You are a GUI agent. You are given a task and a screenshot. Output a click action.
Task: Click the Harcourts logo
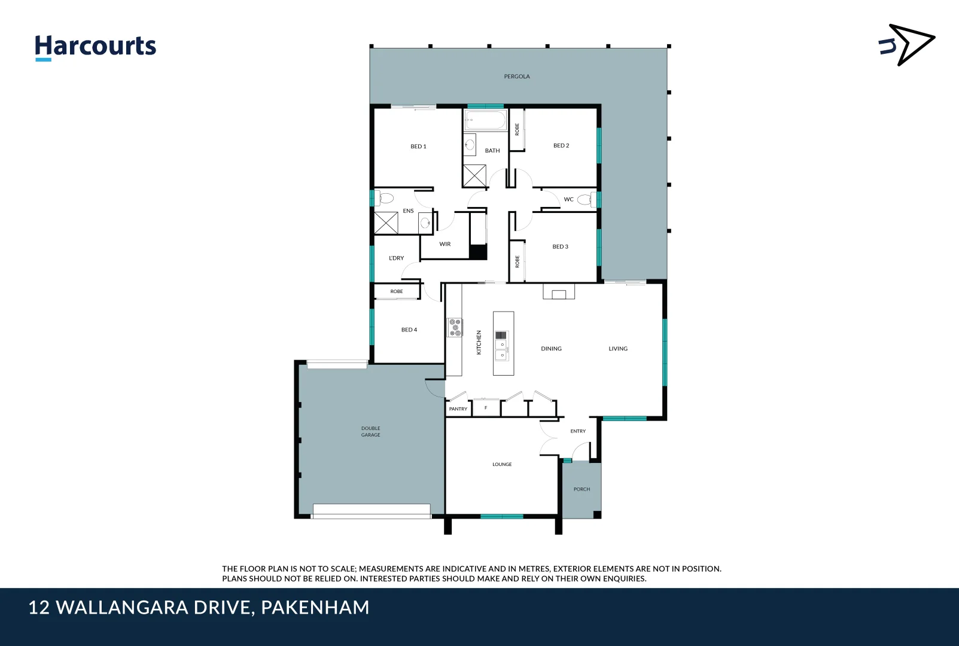pos(95,47)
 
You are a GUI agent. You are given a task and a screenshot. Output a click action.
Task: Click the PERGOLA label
pos(517,77)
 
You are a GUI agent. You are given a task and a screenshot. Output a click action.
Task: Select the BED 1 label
pos(418,147)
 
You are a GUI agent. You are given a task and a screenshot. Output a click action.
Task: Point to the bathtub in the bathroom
pos(486,120)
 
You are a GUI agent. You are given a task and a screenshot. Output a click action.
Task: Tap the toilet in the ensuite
pos(386,198)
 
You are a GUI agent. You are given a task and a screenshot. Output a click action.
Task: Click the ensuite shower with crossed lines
pos(386,223)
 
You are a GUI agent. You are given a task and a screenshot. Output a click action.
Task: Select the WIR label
pos(445,244)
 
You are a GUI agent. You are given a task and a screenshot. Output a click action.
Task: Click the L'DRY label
pos(396,258)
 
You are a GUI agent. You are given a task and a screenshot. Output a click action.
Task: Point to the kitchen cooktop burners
pos(455,327)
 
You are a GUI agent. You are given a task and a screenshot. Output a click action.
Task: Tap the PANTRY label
pos(458,409)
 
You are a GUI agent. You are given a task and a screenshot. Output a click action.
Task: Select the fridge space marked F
pos(486,408)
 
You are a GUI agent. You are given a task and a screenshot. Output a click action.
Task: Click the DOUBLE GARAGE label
pos(370,432)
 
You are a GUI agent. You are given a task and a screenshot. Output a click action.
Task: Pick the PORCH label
pos(582,489)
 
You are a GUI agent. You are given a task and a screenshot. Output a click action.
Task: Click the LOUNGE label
pos(502,464)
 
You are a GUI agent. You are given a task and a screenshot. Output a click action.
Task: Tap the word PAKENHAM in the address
pos(315,608)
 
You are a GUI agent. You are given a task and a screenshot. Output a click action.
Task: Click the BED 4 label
pos(409,330)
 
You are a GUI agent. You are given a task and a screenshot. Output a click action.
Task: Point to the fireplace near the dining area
pos(559,292)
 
